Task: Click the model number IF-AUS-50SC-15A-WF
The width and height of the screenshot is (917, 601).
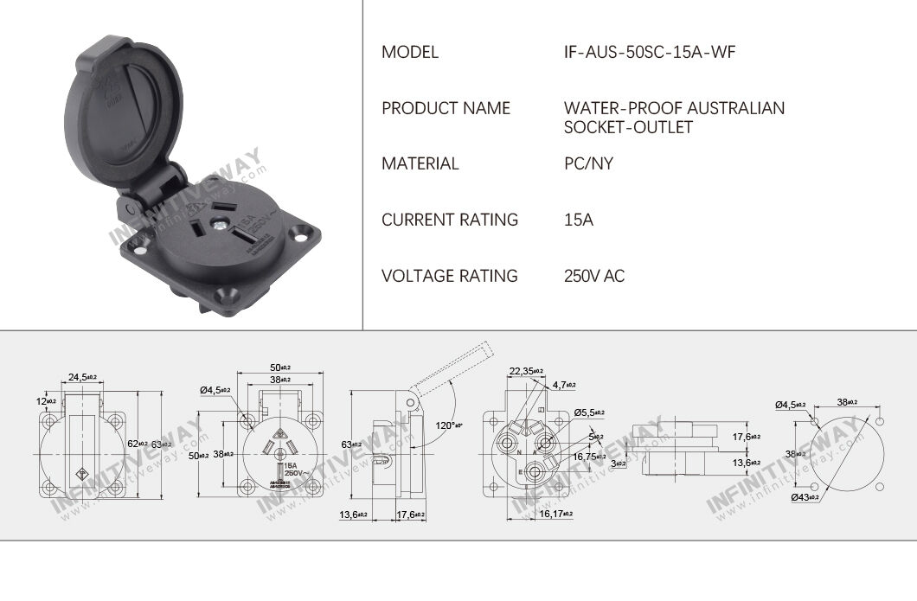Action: [x=649, y=52]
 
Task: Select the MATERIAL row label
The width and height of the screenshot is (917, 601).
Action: [x=420, y=163]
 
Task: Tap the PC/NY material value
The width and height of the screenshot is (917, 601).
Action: [x=588, y=163]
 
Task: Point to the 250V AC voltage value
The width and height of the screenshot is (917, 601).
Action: [x=593, y=276]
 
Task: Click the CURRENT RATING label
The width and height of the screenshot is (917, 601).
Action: [x=450, y=220]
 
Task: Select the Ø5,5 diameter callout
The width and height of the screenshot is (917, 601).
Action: [x=588, y=412]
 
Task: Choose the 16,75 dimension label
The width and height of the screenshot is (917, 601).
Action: [x=589, y=456]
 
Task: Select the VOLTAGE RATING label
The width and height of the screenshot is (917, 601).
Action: [x=450, y=276]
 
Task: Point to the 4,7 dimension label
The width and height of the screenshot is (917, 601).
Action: [x=564, y=384]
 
